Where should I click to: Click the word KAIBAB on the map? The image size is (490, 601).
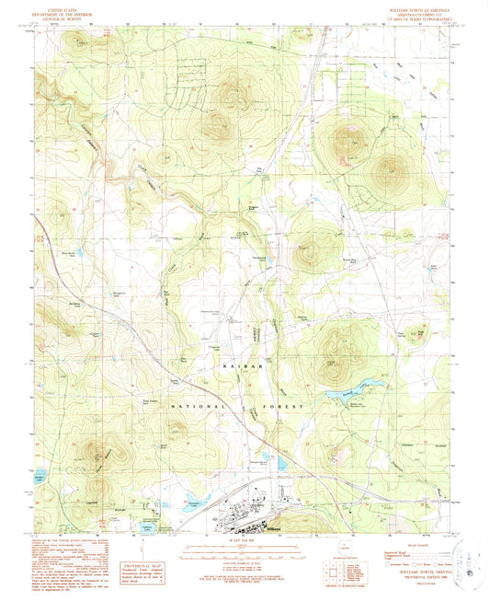click(236, 366)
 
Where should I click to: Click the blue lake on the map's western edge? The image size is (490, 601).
click(40, 479)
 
